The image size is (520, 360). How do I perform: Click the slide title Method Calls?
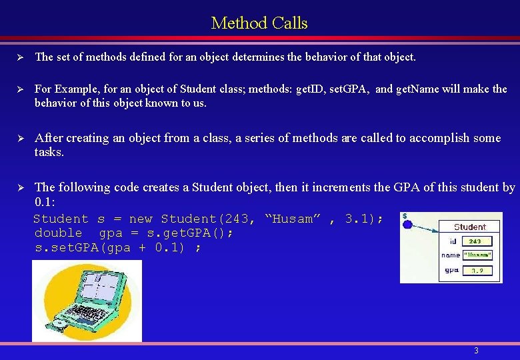click(x=259, y=23)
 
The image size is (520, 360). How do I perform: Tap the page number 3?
click(x=476, y=351)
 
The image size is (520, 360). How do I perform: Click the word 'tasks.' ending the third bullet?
click(x=49, y=152)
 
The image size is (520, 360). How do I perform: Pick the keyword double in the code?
click(x=58, y=233)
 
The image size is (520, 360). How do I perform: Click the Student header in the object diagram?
click(x=469, y=227)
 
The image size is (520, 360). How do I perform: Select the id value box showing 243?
click(x=475, y=241)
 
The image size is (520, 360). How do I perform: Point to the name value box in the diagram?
click(x=478, y=255)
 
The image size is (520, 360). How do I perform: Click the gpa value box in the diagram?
click(x=477, y=271)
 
